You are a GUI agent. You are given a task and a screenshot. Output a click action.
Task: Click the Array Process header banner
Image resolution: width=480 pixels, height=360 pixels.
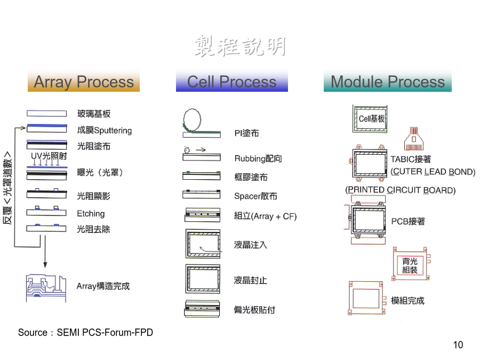[x=84, y=81]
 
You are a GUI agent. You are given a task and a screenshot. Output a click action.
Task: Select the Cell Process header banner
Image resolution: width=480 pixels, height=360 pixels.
[x=232, y=81]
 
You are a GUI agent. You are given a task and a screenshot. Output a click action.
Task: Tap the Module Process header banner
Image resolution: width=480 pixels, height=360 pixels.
[x=388, y=81]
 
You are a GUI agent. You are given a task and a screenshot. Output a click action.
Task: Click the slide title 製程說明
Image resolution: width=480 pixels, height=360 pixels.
[x=241, y=46]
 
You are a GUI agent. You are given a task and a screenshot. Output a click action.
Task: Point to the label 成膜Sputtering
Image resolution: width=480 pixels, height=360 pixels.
[x=105, y=130]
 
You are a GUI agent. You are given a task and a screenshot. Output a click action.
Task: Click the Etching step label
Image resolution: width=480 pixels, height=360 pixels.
[x=91, y=213]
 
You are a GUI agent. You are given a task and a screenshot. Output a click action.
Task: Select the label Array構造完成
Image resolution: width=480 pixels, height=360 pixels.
[x=103, y=286]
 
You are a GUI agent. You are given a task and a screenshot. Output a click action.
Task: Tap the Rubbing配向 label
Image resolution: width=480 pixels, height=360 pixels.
[x=258, y=158]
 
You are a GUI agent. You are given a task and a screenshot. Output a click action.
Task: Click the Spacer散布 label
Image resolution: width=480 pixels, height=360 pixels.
[x=255, y=196]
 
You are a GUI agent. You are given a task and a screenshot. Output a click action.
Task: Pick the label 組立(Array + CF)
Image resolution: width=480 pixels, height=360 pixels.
[x=265, y=216]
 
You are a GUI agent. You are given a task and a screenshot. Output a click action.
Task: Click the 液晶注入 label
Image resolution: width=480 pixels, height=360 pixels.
[x=251, y=245]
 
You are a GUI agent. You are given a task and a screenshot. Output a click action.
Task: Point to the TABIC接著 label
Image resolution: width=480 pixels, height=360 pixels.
[x=411, y=159]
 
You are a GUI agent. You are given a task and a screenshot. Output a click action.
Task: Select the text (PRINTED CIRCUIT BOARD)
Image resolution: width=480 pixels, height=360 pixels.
[x=401, y=190]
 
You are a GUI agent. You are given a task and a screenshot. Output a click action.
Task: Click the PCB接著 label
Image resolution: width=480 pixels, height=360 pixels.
[x=408, y=221]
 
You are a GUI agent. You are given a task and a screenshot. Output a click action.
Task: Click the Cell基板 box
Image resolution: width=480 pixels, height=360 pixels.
[x=370, y=119]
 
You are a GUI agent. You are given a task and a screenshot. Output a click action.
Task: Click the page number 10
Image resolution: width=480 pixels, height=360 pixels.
[x=458, y=345]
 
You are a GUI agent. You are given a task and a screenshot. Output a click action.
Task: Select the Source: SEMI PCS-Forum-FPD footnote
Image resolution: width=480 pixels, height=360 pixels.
[x=85, y=332]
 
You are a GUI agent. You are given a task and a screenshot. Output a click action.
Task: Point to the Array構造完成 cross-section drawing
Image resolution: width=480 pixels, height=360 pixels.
[x=46, y=288]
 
